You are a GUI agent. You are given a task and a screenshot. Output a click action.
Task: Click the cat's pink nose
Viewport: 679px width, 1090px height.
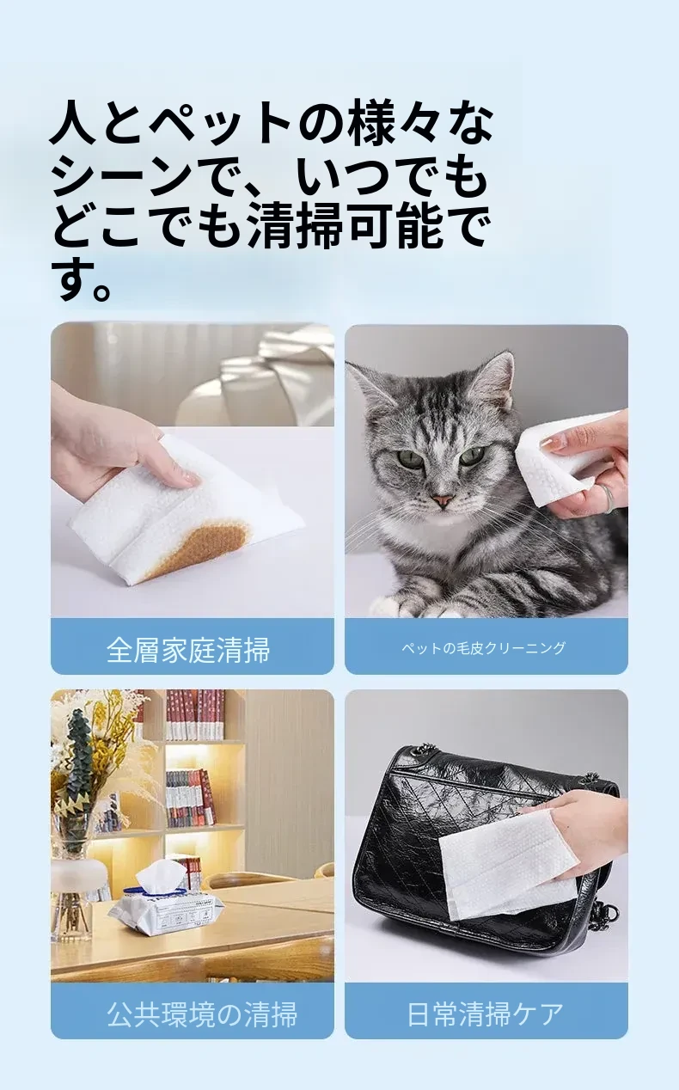click(x=443, y=500)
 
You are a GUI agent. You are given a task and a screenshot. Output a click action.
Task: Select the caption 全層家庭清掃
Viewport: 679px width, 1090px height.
click(x=187, y=649)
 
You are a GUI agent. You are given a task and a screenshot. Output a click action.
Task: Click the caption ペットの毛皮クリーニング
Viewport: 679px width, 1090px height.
click(x=484, y=647)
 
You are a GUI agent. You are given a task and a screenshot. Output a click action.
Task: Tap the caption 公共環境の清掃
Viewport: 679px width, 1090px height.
click(x=202, y=1014)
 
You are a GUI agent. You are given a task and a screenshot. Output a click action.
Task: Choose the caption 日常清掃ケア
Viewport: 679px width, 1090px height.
click(x=485, y=1014)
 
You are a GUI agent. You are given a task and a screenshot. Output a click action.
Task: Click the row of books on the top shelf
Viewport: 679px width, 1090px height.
click(x=194, y=715)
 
